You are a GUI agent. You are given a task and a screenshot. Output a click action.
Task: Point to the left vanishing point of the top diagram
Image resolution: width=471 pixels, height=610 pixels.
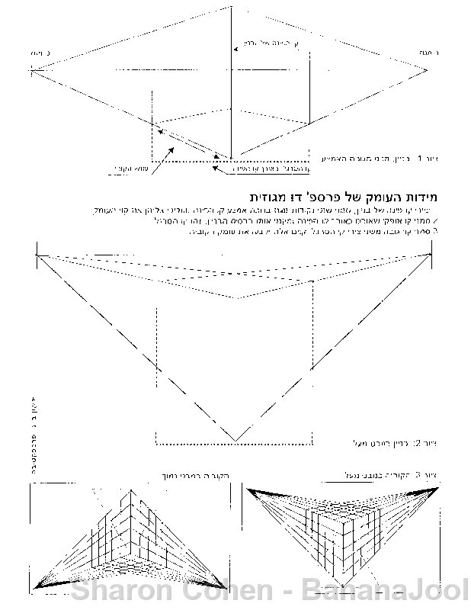click(x=31, y=70)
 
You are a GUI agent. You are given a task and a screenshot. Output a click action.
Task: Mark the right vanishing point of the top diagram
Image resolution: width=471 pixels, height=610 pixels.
click(x=428, y=70)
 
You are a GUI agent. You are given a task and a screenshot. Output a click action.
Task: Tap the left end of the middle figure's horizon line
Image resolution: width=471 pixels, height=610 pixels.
click(x=36, y=253)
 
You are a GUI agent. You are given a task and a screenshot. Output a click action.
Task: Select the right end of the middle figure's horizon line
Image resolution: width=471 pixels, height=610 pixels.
click(x=432, y=253)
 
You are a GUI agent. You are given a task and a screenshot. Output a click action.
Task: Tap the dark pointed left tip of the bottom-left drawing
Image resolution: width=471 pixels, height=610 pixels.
click(x=38, y=584)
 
